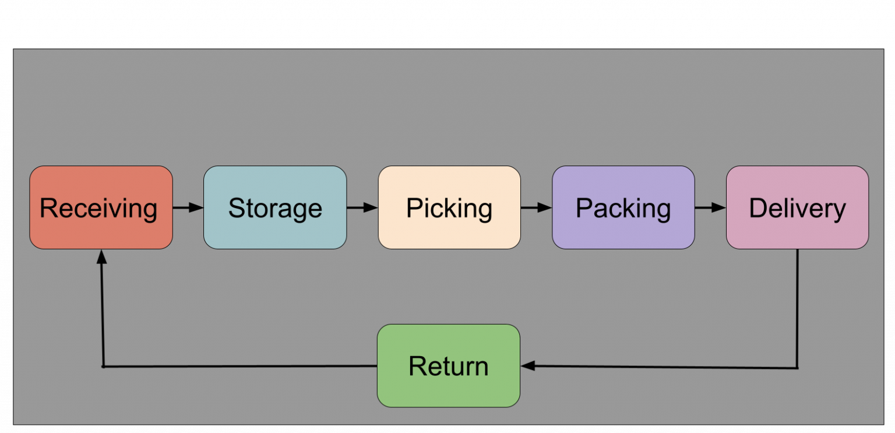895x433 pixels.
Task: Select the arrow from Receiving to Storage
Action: click(x=188, y=207)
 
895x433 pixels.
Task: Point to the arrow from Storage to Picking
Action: click(x=362, y=207)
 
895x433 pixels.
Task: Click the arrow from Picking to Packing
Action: click(x=536, y=207)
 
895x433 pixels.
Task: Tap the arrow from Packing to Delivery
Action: click(x=710, y=207)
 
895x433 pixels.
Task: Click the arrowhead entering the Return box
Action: click(x=528, y=366)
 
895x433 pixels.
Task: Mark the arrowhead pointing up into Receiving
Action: click(x=102, y=257)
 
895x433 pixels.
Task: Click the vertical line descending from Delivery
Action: click(x=797, y=309)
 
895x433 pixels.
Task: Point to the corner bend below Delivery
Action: click(x=797, y=368)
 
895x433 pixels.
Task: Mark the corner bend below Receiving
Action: click(x=103, y=367)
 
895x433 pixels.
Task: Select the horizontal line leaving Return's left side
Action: click(x=239, y=366)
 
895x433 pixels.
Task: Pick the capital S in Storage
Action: click(x=236, y=208)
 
